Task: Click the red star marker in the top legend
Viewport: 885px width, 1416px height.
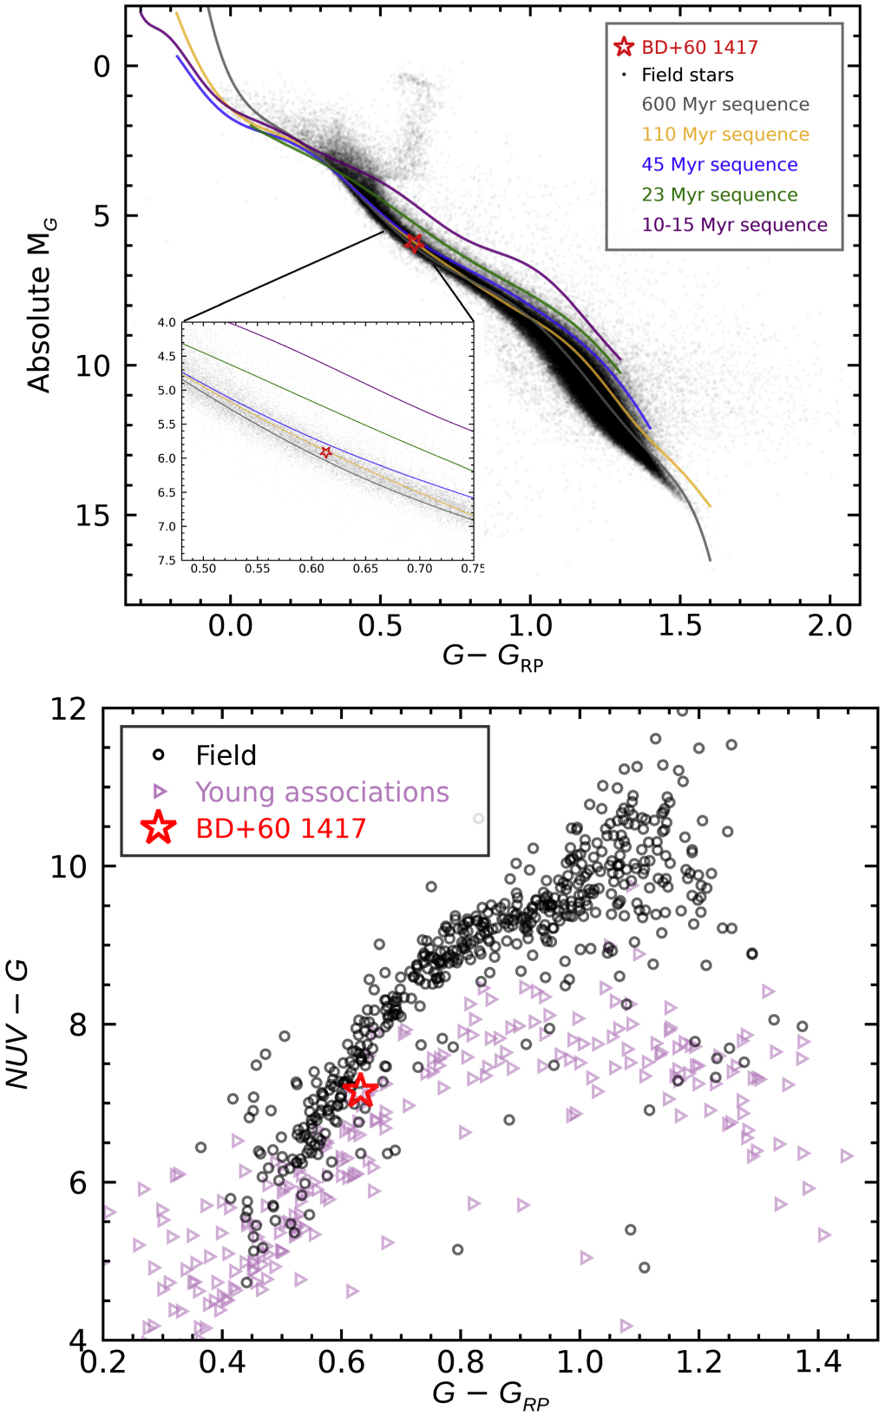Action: point(623,47)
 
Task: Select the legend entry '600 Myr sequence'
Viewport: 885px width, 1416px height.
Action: point(724,104)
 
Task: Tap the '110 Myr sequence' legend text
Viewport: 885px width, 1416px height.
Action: point(724,135)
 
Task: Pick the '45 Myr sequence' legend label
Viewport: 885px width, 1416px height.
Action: point(719,165)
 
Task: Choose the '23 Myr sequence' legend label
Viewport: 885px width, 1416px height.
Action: point(719,194)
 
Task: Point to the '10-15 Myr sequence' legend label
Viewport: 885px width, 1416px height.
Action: point(734,225)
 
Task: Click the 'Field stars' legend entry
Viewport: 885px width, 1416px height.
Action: point(687,75)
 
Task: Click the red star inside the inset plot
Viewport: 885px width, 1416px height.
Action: point(326,452)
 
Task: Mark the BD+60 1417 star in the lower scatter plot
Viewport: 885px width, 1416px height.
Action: point(361,1090)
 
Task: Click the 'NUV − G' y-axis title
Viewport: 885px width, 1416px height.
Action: point(17,1024)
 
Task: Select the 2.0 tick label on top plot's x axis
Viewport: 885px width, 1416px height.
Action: point(829,625)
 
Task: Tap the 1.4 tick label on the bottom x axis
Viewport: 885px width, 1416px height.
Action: point(818,1361)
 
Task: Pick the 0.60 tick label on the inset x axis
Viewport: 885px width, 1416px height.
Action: point(311,569)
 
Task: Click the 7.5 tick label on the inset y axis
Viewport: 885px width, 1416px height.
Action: point(167,561)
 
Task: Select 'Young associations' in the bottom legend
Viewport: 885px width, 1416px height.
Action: point(322,792)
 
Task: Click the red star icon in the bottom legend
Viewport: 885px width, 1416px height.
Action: point(159,828)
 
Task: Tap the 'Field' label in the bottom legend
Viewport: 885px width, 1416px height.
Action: point(226,755)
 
